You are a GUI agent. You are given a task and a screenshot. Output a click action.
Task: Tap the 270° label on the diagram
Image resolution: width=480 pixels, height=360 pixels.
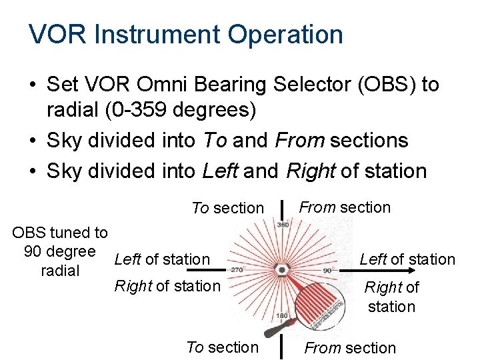[x=238, y=270]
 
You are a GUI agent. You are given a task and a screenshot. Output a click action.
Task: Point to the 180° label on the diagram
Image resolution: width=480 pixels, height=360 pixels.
[x=282, y=315]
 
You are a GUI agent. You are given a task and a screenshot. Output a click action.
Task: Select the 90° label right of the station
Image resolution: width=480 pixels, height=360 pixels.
[x=327, y=270]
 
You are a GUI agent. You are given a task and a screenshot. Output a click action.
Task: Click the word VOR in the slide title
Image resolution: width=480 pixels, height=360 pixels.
[x=58, y=34]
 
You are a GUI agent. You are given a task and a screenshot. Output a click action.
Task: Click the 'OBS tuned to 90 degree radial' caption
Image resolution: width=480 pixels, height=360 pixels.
[x=60, y=251]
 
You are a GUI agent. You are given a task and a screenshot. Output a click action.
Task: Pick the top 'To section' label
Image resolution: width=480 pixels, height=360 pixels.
[x=227, y=208]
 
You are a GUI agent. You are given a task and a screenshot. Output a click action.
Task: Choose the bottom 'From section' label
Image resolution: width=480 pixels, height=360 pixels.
[x=350, y=347]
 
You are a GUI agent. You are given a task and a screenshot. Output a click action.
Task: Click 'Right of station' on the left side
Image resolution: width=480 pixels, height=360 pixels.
[x=167, y=286]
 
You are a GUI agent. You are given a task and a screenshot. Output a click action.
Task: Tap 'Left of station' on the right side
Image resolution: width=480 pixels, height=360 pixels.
[x=407, y=259]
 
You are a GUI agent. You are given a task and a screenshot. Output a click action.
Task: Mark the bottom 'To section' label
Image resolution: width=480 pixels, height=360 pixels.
[x=222, y=347]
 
